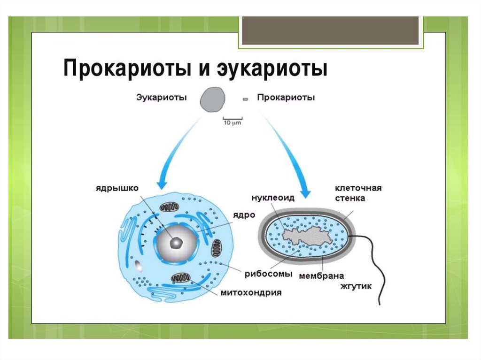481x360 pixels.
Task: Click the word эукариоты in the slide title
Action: [x=272, y=69]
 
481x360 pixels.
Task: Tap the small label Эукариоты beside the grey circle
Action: [x=161, y=98]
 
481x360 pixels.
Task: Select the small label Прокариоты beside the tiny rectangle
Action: [x=286, y=98]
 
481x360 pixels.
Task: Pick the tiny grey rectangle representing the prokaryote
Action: [x=245, y=99]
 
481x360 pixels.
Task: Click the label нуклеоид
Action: [x=273, y=198]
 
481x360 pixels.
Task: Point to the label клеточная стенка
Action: [x=357, y=193]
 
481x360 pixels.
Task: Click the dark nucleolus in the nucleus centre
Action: [x=176, y=242]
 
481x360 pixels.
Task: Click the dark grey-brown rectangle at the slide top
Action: [x=330, y=31]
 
